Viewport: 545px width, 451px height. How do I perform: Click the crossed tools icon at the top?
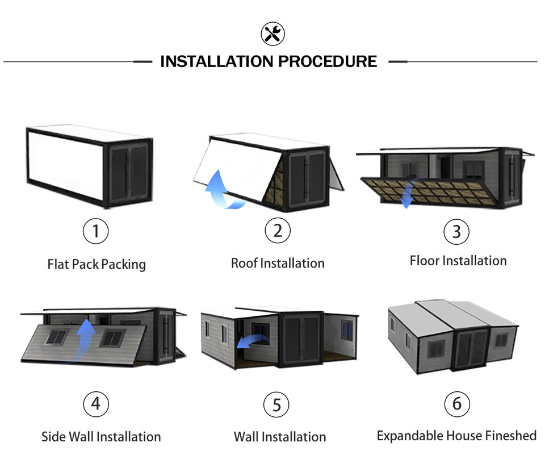(273, 34)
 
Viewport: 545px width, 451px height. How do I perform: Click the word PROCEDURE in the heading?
(328, 61)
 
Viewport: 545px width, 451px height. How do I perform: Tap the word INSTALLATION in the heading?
(217, 61)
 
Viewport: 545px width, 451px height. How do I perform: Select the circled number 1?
(95, 231)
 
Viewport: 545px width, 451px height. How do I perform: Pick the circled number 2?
(278, 231)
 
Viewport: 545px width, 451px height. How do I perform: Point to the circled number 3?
(456, 232)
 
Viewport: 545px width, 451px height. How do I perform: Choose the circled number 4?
(96, 404)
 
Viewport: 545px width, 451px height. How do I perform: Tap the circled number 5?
(276, 405)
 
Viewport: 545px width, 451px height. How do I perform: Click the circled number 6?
(457, 404)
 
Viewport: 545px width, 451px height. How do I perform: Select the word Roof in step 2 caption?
(244, 263)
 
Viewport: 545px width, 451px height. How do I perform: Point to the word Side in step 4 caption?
(53, 437)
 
